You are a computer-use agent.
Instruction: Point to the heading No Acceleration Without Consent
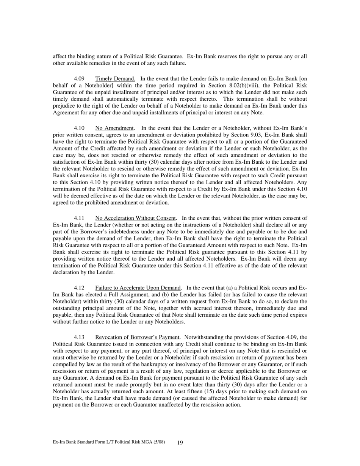pyautogui.click(x=136, y=218)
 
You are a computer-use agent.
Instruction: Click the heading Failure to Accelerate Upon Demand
pyautogui.click(x=138, y=288)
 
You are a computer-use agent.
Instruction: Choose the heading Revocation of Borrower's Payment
pyautogui.click(x=137, y=337)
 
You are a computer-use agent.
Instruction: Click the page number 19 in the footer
pyautogui.click(x=180, y=443)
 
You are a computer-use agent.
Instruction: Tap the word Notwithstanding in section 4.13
pyautogui.click(x=205, y=337)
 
